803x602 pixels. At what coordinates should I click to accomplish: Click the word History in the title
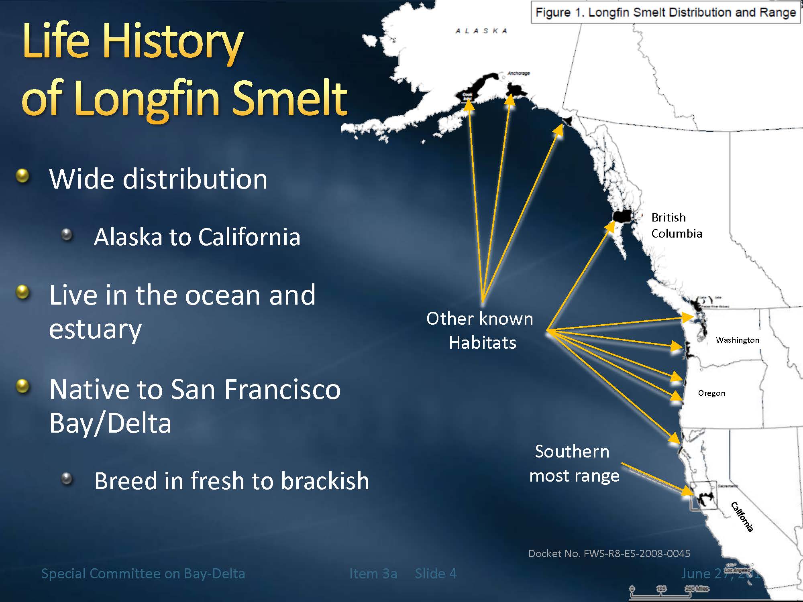[173, 41]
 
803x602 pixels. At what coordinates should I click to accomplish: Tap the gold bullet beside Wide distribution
[23, 176]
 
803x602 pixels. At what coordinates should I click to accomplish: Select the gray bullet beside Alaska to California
[67, 234]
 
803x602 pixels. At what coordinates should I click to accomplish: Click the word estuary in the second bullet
[95, 329]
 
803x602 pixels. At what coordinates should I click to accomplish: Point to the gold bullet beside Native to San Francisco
[23, 386]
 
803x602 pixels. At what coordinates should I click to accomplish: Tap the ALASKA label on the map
[481, 31]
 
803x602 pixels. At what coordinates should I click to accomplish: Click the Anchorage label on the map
[518, 73]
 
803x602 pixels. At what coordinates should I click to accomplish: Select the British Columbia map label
[677, 226]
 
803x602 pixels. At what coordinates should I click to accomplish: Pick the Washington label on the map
[738, 340]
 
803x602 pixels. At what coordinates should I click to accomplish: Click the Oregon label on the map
[711, 393]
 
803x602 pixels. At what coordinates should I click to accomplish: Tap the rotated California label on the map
[742, 517]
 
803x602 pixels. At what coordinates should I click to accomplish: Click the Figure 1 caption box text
[665, 12]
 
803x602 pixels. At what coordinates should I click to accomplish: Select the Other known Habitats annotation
[480, 330]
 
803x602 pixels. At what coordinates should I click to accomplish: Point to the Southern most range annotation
[574, 464]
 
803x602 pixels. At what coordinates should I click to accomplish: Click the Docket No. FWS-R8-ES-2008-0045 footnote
[609, 553]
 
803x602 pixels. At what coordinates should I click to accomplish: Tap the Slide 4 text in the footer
[436, 574]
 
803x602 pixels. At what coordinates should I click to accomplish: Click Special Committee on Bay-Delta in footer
[143, 574]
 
